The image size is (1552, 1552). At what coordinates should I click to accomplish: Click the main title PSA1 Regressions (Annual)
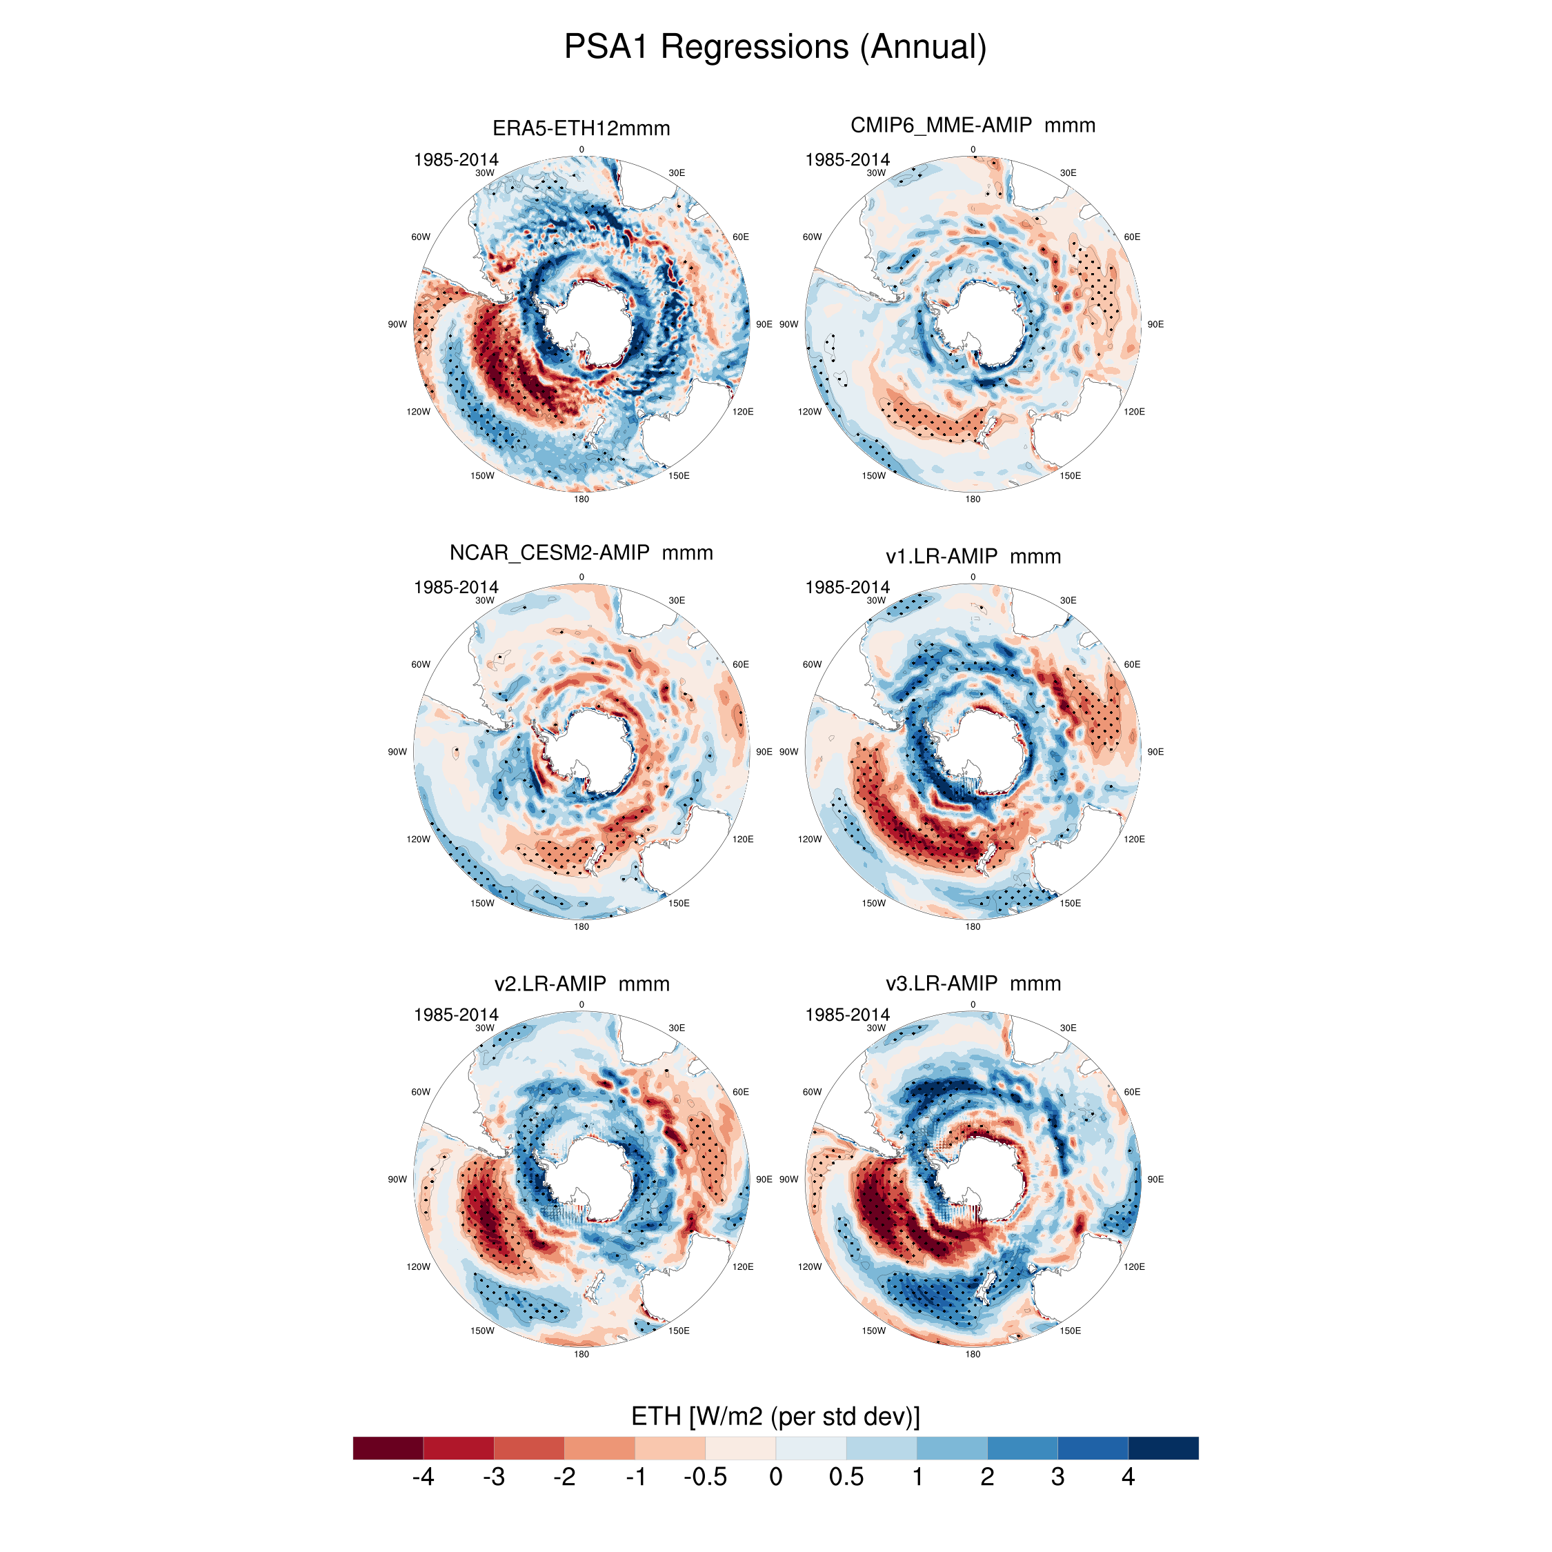pyautogui.click(x=775, y=47)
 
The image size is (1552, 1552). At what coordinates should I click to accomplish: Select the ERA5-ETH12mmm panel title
pyautogui.click(x=581, y=128)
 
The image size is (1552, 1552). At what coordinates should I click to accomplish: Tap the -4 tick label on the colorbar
pyautogui.click(x=423, y=1477)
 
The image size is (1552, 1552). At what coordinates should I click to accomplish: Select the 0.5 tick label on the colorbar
pyautogui.click(x=846, y=1477)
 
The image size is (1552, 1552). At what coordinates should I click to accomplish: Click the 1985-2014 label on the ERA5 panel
pyautogui.click(x=455, y=160)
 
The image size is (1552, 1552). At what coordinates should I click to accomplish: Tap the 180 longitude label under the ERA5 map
pyautogui.click(x=581, y=499)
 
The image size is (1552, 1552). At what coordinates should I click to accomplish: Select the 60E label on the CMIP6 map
pyautogui.click(x=1132, y=237)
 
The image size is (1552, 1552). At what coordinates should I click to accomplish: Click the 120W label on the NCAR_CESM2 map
pyautogui.click(x=418, y=839)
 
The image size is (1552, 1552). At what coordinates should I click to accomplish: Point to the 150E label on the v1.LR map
pyautogui.click(x=1070, y=903)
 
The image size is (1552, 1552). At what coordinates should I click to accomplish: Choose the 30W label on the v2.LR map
pyautogui.click(x=484, y=1028)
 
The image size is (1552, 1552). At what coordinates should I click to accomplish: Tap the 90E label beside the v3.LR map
pyautogui.click(x=1155, y=1180)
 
